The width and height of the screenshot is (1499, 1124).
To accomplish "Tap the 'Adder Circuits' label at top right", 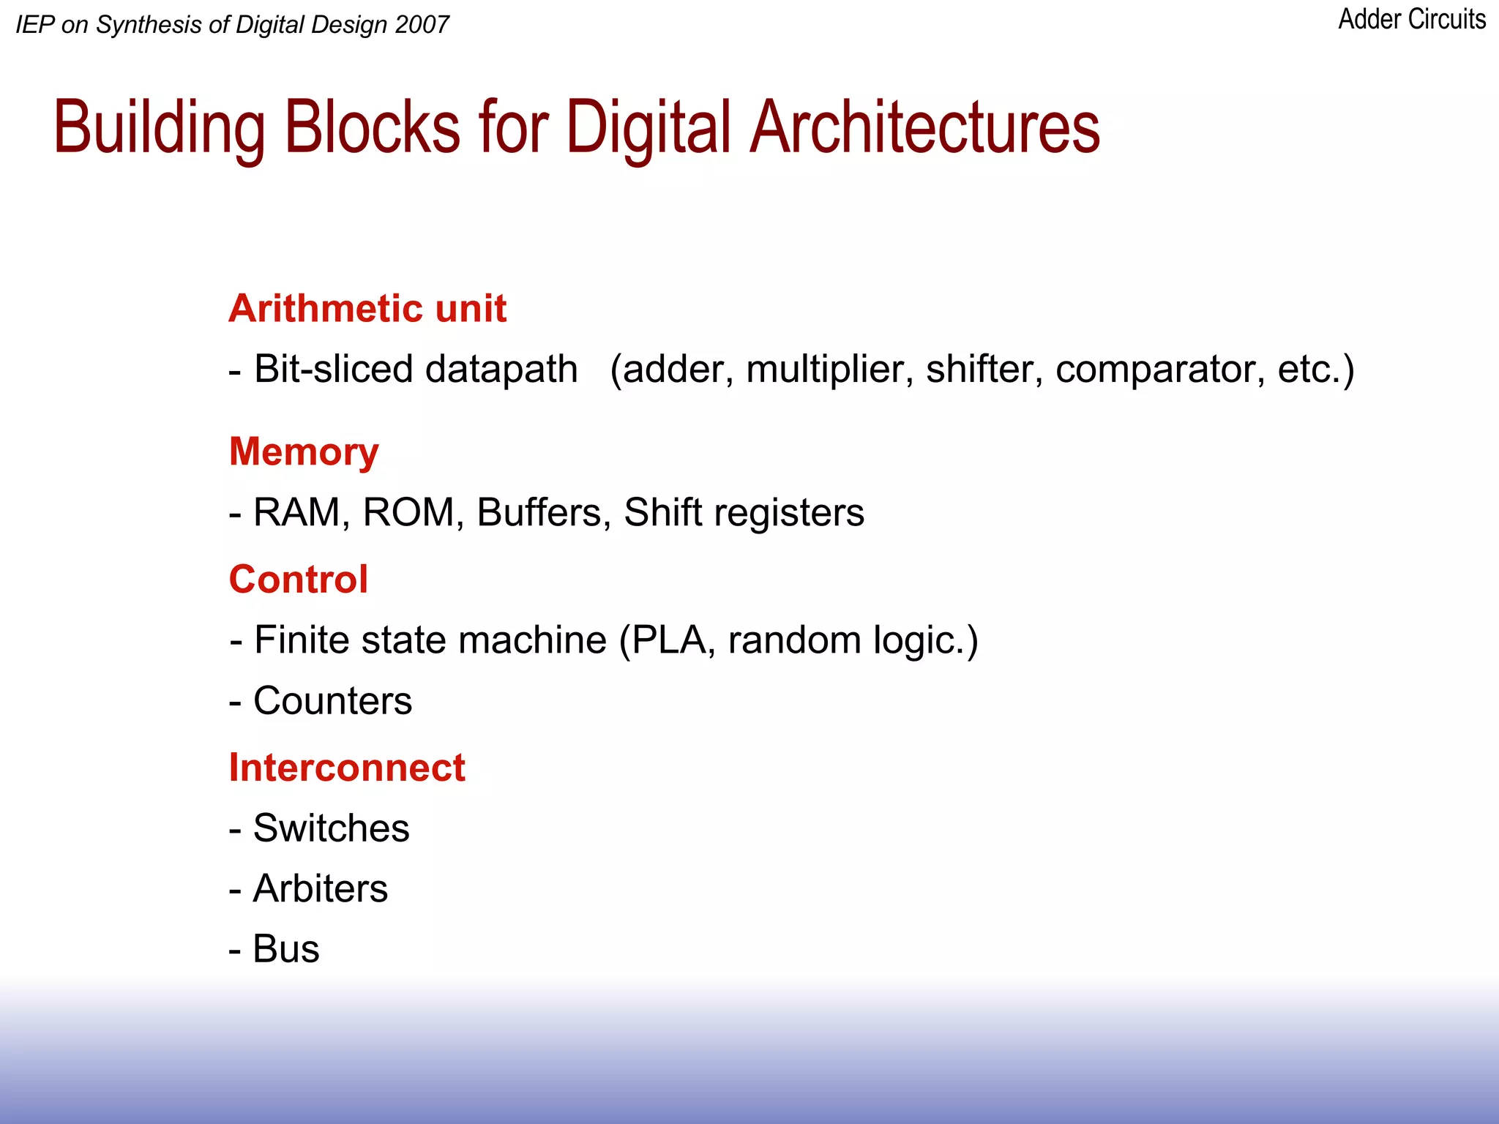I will [1411, 20].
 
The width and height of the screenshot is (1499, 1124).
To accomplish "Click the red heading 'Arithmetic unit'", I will [367, 308].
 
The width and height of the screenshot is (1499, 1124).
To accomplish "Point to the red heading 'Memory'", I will [304, 452].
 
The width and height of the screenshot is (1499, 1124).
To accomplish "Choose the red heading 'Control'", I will [298, 580].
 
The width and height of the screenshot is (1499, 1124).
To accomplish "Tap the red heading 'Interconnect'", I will [347, 768].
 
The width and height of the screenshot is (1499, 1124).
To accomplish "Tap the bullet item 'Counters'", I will [332, 701].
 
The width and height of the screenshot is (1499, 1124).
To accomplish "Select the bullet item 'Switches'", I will [331, 828].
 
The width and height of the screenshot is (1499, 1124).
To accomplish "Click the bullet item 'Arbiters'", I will [321, 889].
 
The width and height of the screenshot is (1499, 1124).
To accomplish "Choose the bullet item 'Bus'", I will [286, 949].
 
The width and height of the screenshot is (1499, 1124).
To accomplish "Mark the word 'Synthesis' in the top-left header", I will [149, 26].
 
